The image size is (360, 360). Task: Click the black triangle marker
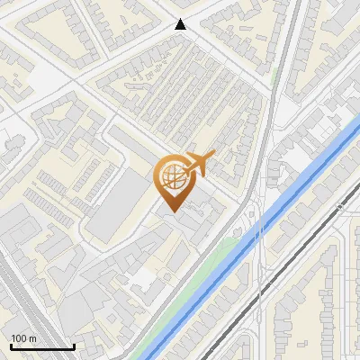(181, 24)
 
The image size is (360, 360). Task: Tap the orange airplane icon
(197, 165)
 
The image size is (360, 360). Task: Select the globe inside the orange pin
(171, 177)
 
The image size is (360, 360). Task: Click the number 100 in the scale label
(20, 337)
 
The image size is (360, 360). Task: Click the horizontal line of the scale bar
(42, 346)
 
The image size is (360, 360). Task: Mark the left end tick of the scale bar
(11, 345)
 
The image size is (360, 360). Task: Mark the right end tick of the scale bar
(74, 345)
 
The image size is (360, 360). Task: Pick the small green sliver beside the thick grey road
(274, 79)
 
